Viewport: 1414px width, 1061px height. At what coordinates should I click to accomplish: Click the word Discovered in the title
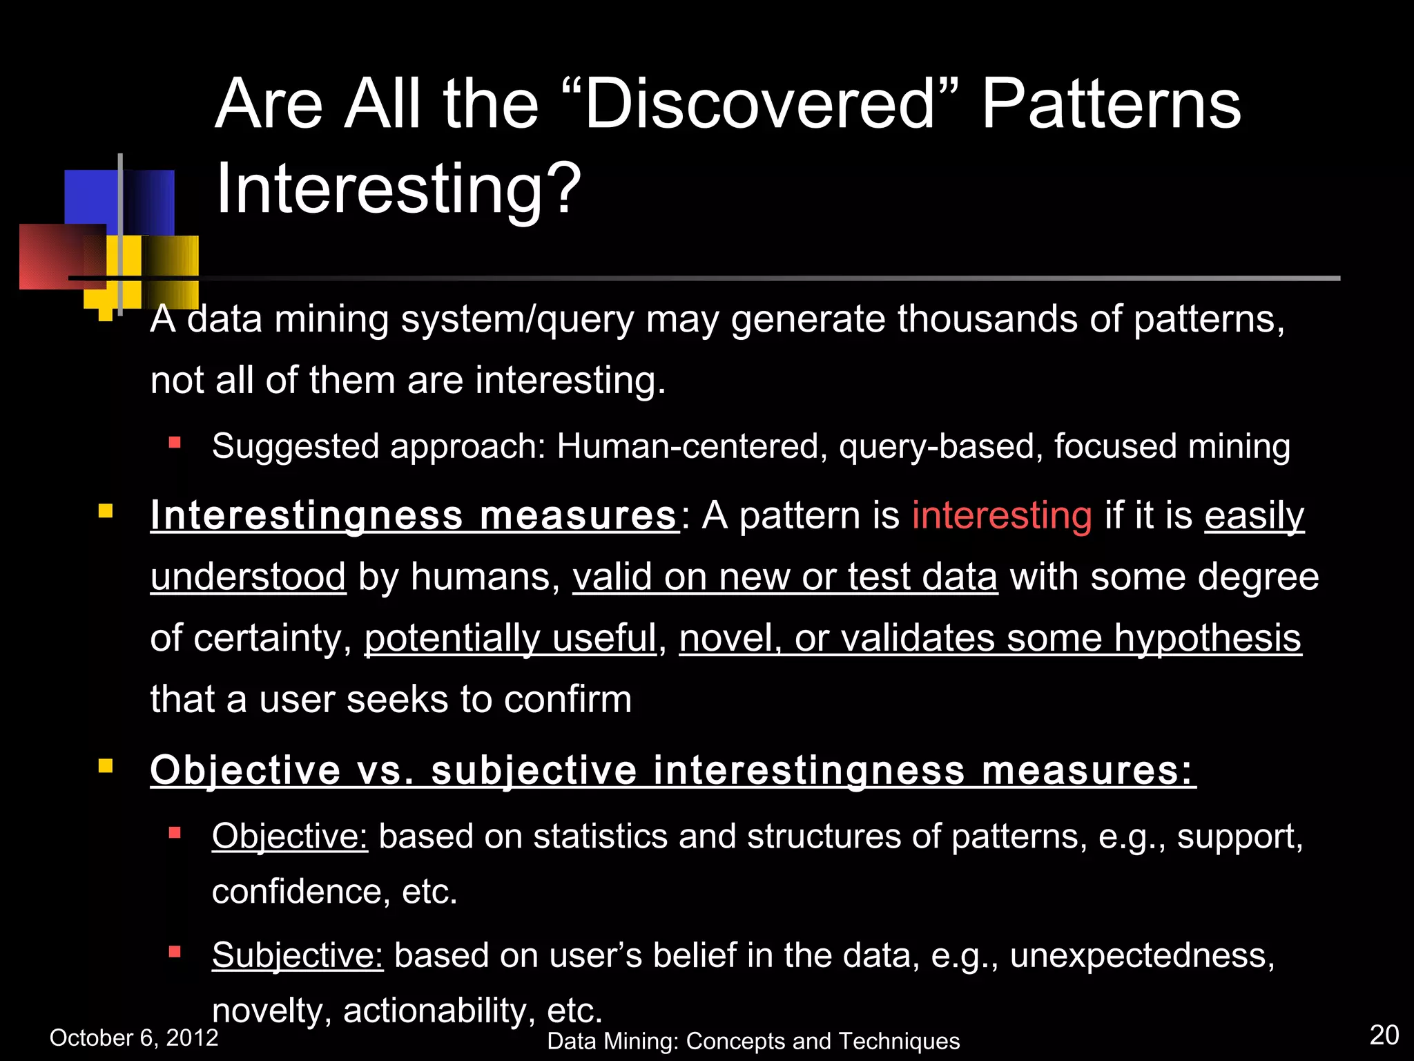click(759, 105)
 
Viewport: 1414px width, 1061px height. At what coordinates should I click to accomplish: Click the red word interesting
click(1002, 516)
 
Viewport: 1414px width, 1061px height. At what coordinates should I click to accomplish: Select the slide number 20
click(1384, 1035)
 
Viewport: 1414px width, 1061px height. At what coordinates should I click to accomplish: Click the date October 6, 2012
click(134, 1038)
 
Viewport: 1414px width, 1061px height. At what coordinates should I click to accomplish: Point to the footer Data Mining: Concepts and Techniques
click(753, 1041)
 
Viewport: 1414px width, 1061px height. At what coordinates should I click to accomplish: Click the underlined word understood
click(248, 577)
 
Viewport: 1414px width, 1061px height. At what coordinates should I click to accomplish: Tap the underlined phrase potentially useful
click(510, 638)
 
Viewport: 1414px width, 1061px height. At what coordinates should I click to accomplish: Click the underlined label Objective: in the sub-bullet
click(290, 837)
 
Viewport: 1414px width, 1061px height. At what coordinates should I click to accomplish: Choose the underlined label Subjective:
click(298, 955)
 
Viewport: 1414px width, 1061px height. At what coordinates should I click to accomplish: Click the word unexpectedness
click(1141, 955)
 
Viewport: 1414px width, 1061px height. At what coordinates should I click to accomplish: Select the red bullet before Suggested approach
click(175, 443)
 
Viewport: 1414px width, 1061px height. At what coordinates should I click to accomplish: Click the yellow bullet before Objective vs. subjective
click(106, 766)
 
